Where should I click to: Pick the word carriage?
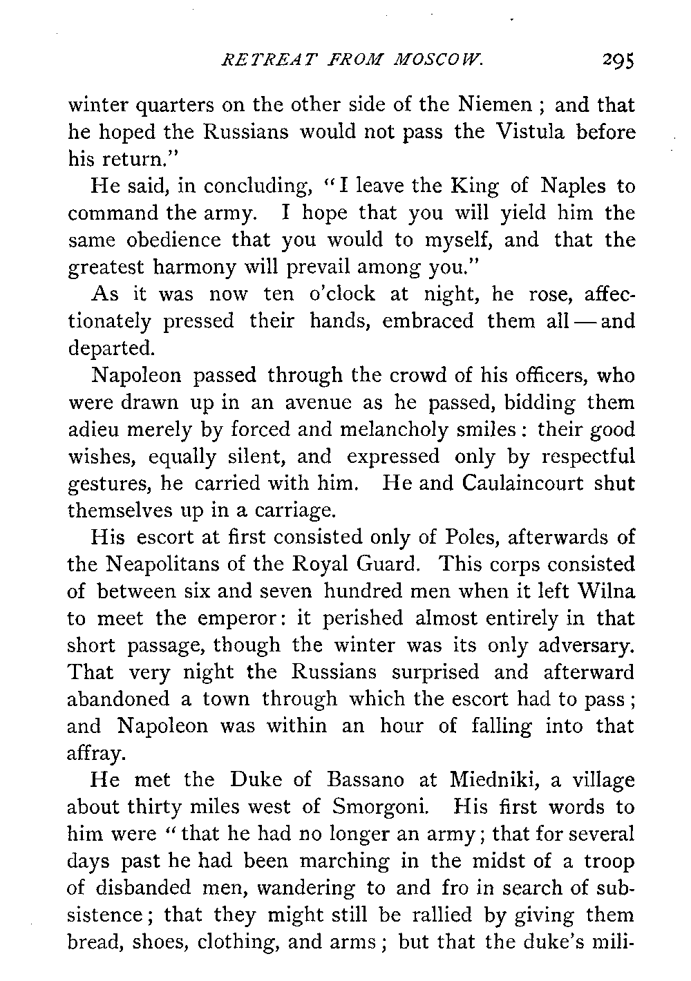pyautogui.click(x=285, y=511)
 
